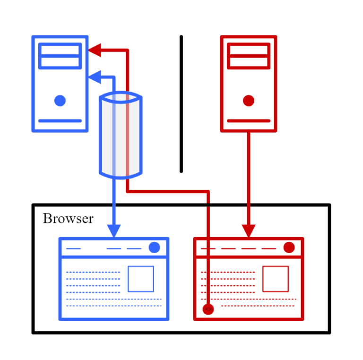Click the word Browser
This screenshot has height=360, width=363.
point(68,219)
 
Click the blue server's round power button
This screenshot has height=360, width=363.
point(60,101)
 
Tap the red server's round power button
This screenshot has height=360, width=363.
point(249,101)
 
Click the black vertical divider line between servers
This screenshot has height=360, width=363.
point(181,104)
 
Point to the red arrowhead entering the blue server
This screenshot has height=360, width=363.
point(95,50)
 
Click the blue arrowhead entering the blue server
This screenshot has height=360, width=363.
point(95,77)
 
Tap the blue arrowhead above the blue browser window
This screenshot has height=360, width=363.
point(114,231)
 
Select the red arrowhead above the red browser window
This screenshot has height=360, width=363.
point(249,231)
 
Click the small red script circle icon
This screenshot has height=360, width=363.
point(208,309)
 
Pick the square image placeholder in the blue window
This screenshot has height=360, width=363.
point(141,279)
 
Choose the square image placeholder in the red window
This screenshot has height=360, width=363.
point(276,279)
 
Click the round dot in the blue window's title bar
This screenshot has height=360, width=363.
point(154,248)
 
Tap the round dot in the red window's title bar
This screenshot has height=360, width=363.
point(289,248)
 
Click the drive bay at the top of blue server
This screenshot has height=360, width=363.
point(60,56)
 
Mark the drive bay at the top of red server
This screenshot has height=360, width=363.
point(249,56)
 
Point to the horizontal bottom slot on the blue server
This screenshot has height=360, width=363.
point(60,121)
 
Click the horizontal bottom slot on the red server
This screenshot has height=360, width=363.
point(249,121)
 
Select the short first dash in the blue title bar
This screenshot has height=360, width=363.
point(74,249)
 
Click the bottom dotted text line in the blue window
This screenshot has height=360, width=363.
point(114,306)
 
